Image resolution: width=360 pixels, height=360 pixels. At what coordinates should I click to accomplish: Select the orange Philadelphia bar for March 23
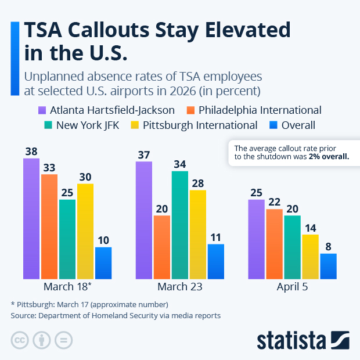[161, 247]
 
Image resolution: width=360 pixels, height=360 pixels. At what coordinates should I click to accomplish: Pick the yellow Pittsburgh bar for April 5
[310, 257]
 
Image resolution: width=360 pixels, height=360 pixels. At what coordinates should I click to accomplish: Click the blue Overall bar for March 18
[103, 263]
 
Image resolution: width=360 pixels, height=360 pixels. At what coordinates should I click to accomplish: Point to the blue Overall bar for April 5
[328, 267]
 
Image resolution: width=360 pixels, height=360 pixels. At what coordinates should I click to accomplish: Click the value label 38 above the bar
[31, 151]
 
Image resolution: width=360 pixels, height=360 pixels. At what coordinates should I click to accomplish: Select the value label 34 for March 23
[179, 164]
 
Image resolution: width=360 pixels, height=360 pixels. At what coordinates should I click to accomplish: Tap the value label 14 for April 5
[310, 227]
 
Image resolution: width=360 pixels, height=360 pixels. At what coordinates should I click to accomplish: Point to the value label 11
[215, 237]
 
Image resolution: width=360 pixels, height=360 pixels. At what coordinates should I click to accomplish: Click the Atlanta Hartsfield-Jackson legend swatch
[42, 110]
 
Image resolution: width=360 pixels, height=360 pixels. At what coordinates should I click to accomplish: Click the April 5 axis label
[292, 287]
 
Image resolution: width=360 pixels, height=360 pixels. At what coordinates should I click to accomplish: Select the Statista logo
[303, 340]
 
